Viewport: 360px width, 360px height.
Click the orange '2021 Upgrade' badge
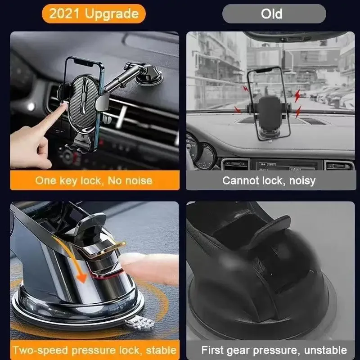(94, 13)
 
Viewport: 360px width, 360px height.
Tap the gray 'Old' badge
(274, 13)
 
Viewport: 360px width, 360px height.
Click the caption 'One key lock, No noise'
(94, 181)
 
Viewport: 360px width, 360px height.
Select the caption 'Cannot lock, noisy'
(269, 181)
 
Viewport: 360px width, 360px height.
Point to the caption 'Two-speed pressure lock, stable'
(94, 350)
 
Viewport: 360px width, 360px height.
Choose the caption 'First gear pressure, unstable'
(274, 350)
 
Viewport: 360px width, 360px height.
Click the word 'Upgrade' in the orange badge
(112, 13)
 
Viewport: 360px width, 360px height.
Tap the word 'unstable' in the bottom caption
(325, 350)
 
